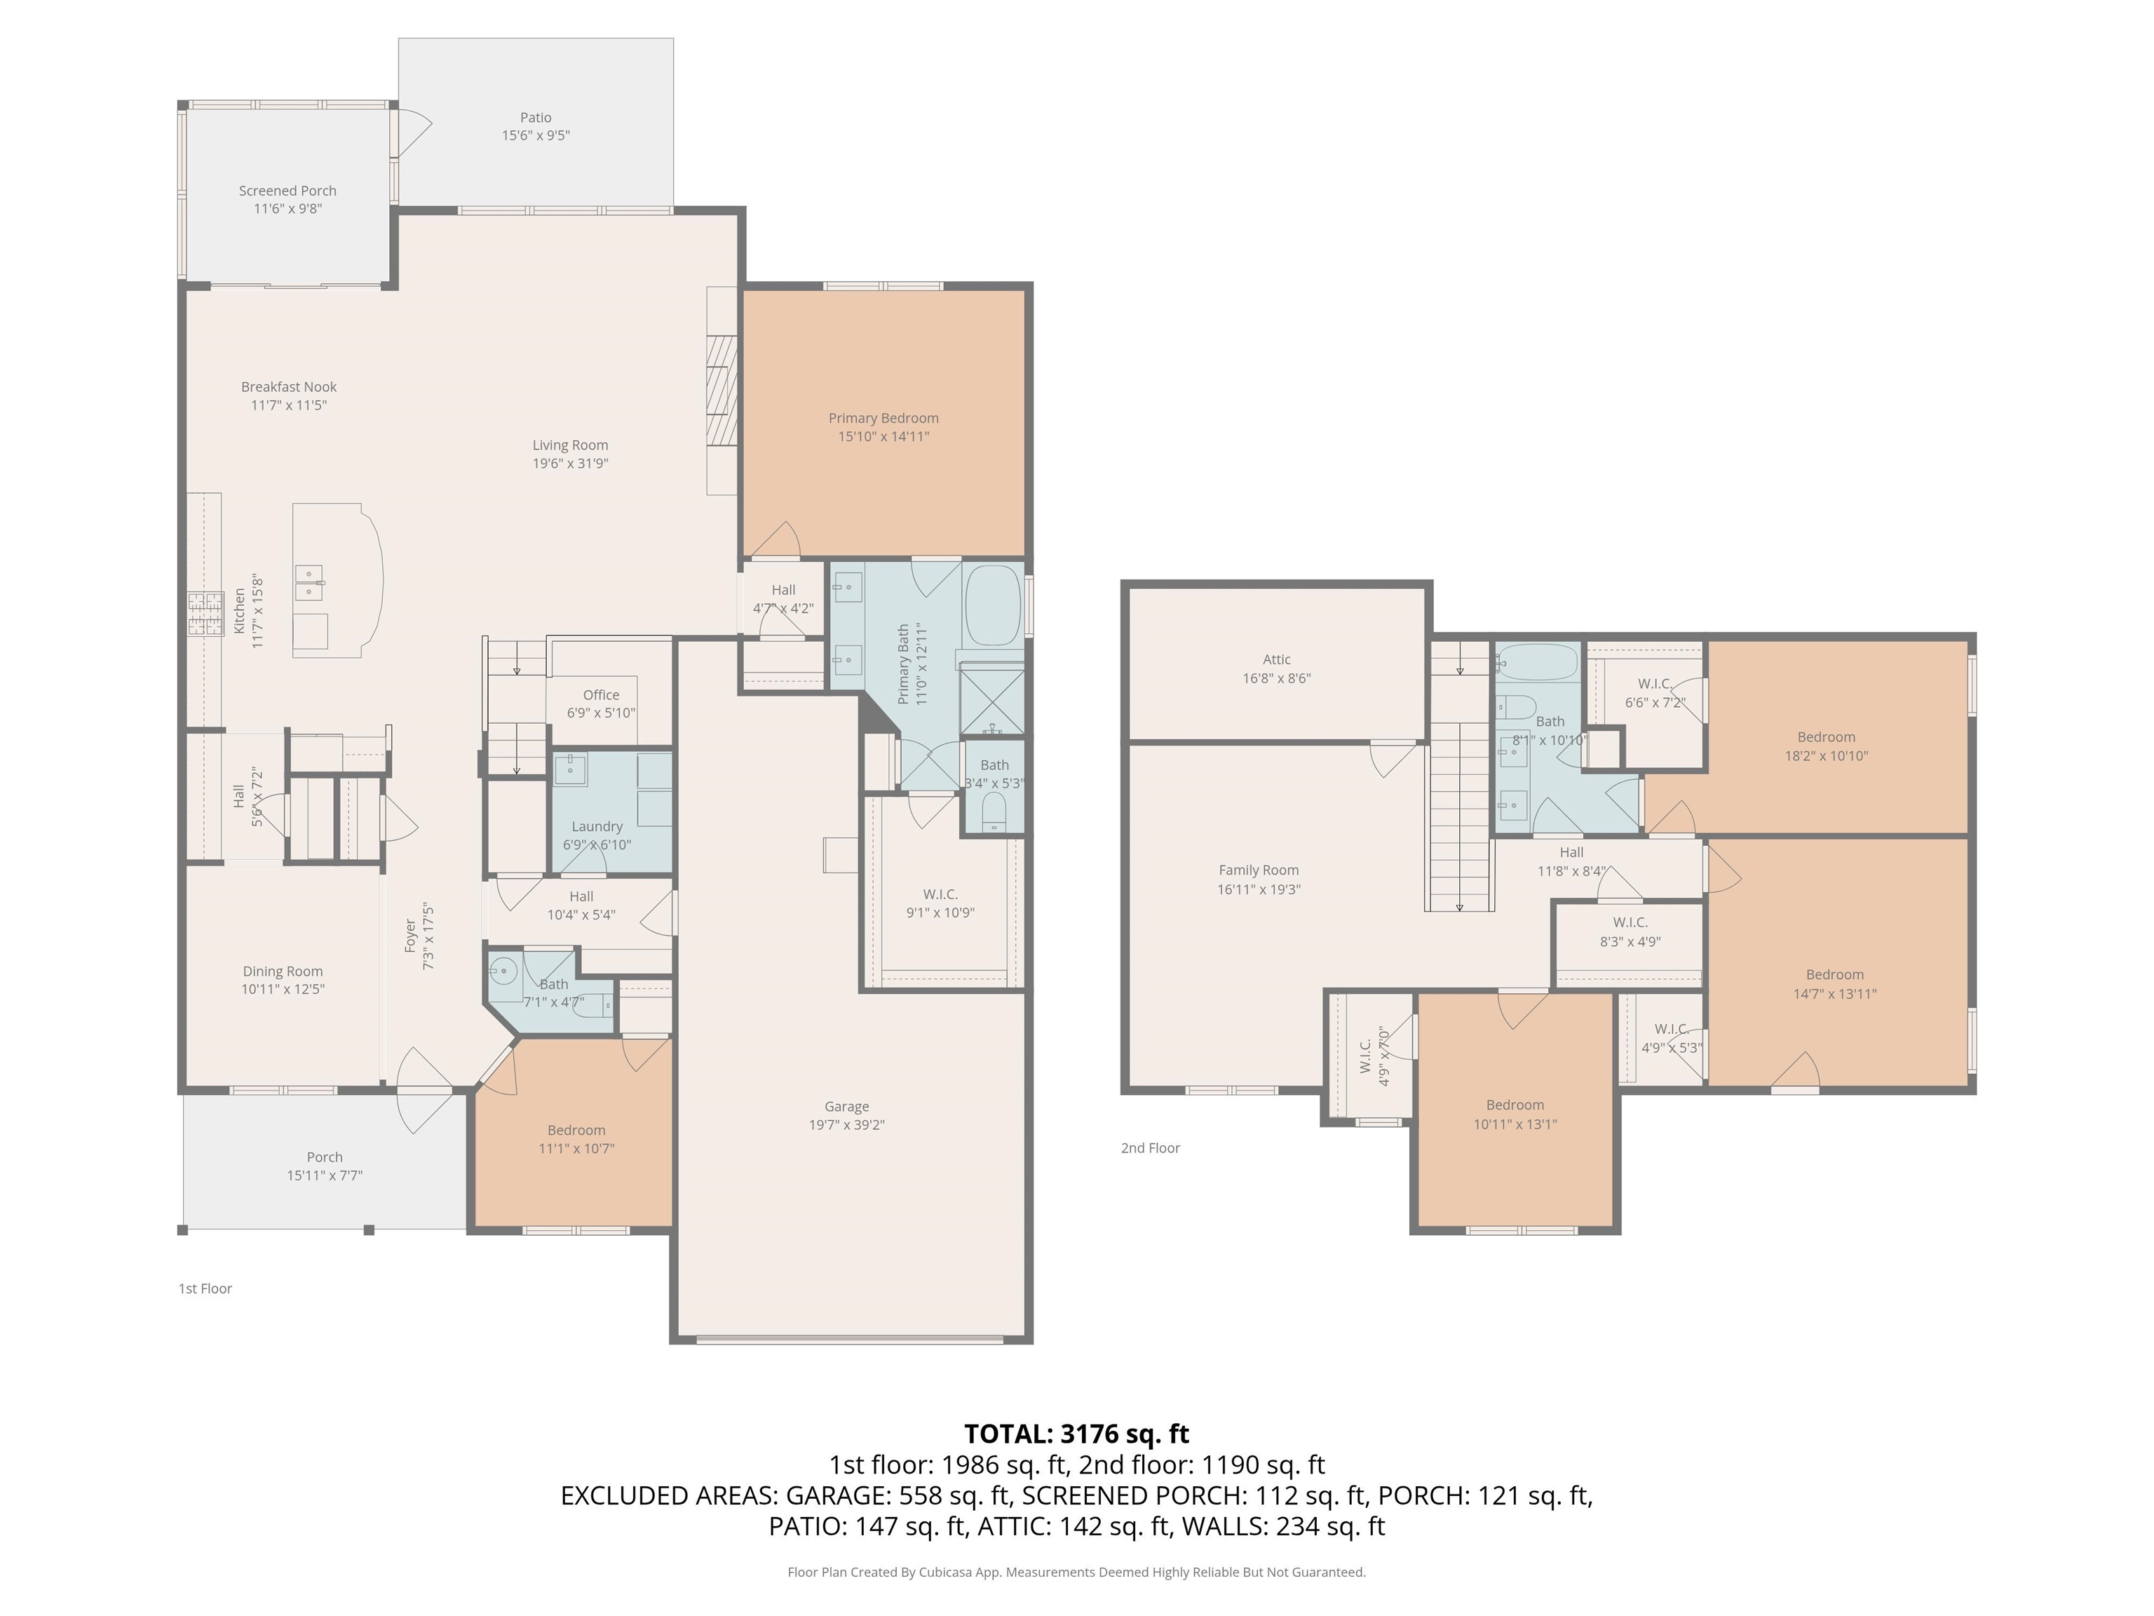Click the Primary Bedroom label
pos(883,418)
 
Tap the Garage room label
pos(846,1107)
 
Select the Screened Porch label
pos(287,191)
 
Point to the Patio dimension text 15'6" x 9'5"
pos(536,136)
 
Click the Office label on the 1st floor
pos(601,694)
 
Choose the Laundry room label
pos(597,826)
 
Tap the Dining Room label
pos(283,971)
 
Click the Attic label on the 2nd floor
pos(1277,659)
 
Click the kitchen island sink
pos(310,582)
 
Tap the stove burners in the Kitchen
pos(205,614)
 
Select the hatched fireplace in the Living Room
pos(721,390)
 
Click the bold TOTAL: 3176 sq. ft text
pos(1076,1434)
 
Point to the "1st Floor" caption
pos(205,1288)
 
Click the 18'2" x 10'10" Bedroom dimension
pos(1826,756)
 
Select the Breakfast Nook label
pos(288,386)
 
